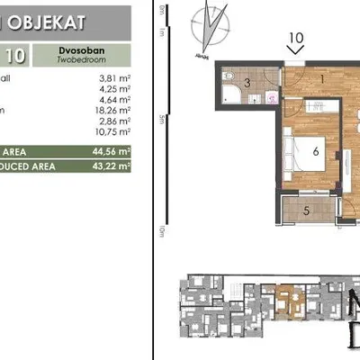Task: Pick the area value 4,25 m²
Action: tap(113, 89)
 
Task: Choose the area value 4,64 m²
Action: tap(113, 100)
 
